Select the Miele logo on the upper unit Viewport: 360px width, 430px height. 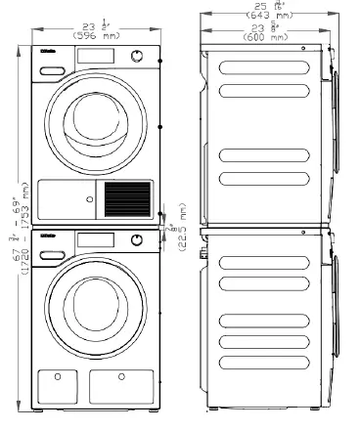click(47, 57)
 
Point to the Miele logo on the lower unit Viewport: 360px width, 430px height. click(47, 236)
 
